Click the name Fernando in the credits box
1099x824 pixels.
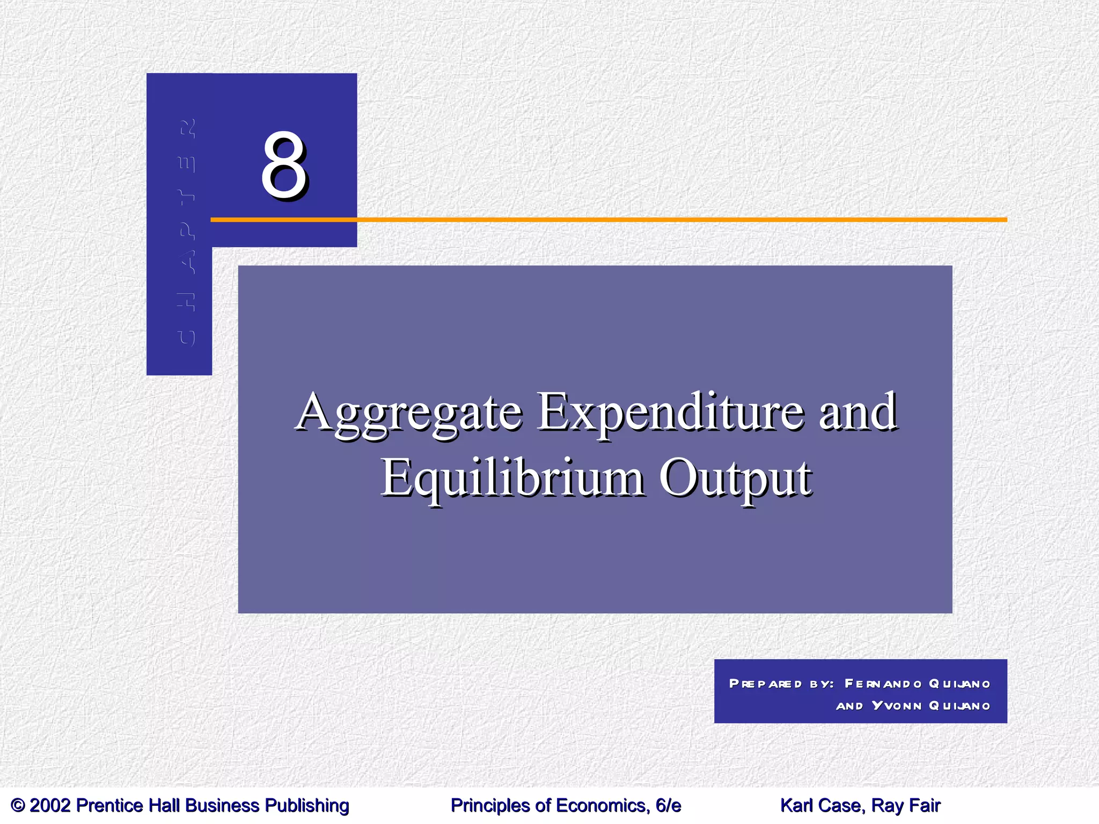[x=883, y=683]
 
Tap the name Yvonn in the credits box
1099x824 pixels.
[x=896, y=705]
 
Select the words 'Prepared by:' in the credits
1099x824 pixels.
[x=781, y=683]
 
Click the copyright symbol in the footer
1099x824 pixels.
[x=18, y=806]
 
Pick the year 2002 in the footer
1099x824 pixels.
[x=50, y=806]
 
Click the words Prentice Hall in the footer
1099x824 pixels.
[x=129, y=806]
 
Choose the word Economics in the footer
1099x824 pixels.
[x=600, y=806]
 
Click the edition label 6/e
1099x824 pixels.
[x=668, y=806]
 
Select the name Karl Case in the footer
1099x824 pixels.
[x=821, y=806]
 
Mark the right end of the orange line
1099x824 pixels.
[x=1005, y=219]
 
